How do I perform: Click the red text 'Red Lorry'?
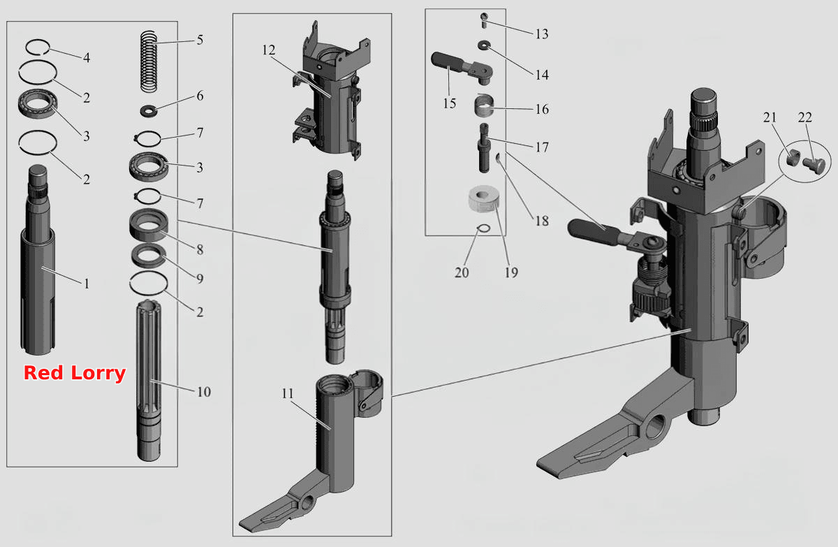[x=75, y=373]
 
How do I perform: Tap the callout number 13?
[x=542, y=34]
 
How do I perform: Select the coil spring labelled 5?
[x=149, y=61]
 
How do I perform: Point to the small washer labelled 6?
[x=149, y=110]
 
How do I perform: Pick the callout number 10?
[x=204, y=392]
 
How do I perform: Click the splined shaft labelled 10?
[x=149, y=380]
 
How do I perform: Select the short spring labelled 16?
[x=484, y=106]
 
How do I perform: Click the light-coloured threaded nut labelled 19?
[x=484, y=199]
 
